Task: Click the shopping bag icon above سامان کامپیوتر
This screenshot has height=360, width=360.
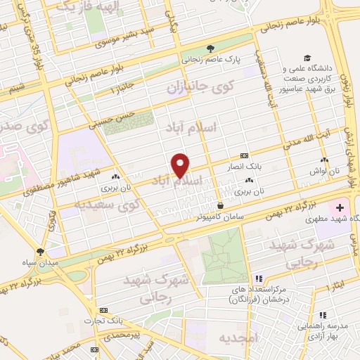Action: [221, 205]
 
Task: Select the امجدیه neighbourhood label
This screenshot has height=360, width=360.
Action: [238, 338]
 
